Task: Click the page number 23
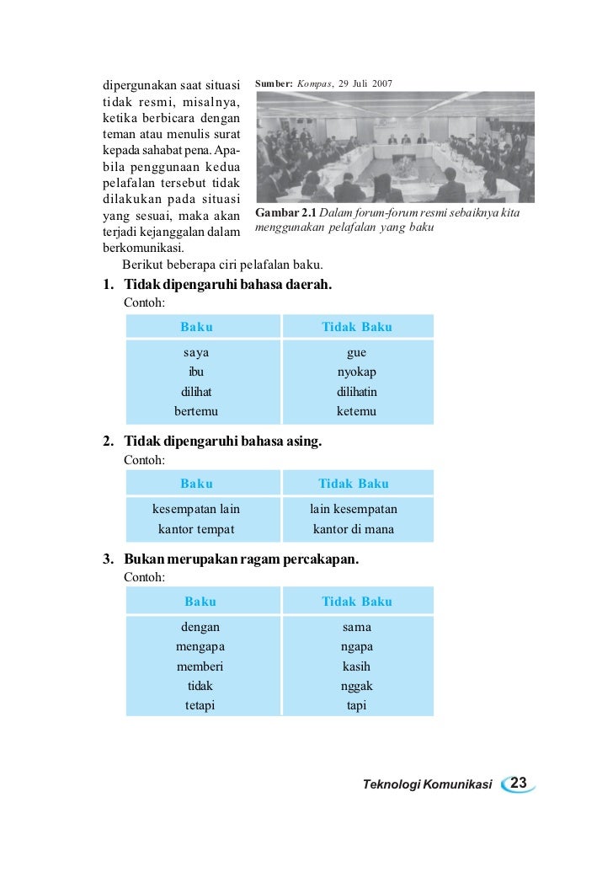[519, 784]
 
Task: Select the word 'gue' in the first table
[356, 353]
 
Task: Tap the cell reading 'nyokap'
[356, 372]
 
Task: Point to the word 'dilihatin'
[356, 392]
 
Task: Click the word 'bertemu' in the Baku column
[196, 411]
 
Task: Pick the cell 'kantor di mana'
[354, 529]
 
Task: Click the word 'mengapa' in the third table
[200, 647]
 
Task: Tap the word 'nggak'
[356, 686]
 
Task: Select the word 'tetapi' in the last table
[200, 705]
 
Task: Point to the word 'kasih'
[356, 666]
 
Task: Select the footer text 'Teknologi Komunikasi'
[427, 784]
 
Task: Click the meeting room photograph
[394, 146]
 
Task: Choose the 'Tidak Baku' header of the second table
[354, 484]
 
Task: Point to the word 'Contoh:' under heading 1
[144, 302]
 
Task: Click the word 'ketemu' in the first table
[356, 411]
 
